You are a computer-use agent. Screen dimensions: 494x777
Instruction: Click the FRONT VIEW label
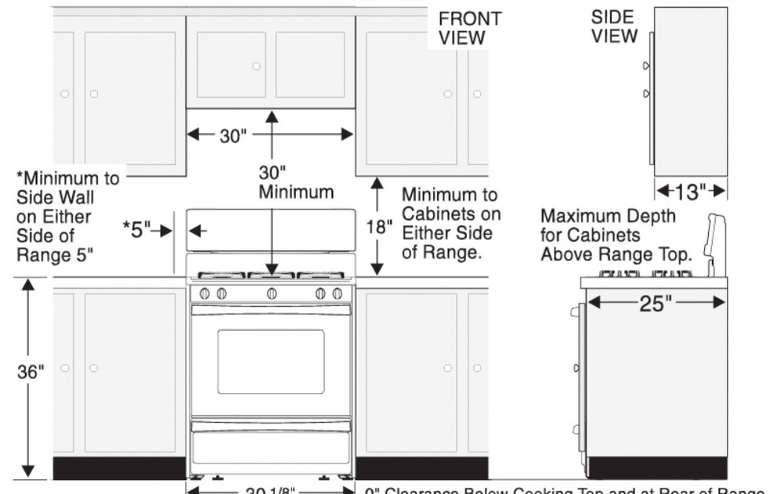point(469,27)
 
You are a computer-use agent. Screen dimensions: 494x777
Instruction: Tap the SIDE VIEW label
point(613,26)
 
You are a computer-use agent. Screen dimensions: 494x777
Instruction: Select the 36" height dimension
point(31,372)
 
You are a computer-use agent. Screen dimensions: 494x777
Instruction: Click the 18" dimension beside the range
point(378,227)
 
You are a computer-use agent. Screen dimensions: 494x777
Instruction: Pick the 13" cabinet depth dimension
point(691,191)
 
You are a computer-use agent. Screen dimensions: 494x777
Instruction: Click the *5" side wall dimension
point(137,230)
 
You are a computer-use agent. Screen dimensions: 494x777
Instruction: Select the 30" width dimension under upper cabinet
point(232,135)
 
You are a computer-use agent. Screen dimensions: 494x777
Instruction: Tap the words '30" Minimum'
point(295,182)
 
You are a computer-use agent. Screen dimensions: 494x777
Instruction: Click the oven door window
point(271,361)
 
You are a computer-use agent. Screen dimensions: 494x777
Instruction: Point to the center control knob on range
point(272,293)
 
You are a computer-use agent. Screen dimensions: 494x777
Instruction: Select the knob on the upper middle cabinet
point(256,67)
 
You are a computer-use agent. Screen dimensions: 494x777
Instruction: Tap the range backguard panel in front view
point(271,231)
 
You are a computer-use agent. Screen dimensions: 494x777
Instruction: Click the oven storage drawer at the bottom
point(271,444)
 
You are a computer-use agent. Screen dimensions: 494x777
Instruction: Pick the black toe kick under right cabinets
point(421,467)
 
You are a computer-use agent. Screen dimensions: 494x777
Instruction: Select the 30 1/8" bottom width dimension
point(271,490)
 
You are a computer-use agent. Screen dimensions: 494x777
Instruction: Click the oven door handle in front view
point(271,311)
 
